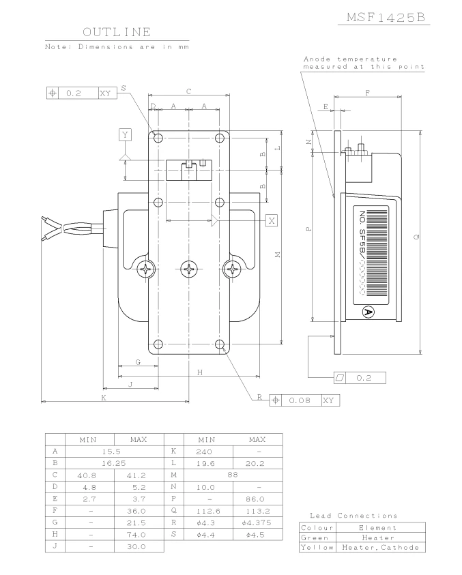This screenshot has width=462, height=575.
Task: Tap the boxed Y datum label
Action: (x=125, y=134)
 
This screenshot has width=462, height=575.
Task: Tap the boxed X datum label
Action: (x=272, y=220)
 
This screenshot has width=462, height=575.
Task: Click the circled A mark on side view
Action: (x=369, y=312)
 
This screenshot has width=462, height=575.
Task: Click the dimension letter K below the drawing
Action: (x=104, y=398)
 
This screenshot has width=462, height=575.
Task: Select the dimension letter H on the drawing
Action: (x=199, y=372)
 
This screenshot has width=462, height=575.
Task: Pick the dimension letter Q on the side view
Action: (x=416, y=237)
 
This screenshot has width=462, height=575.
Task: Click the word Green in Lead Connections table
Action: (x=316, y=537)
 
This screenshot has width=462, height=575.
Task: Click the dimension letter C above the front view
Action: (x=188, y=91)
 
